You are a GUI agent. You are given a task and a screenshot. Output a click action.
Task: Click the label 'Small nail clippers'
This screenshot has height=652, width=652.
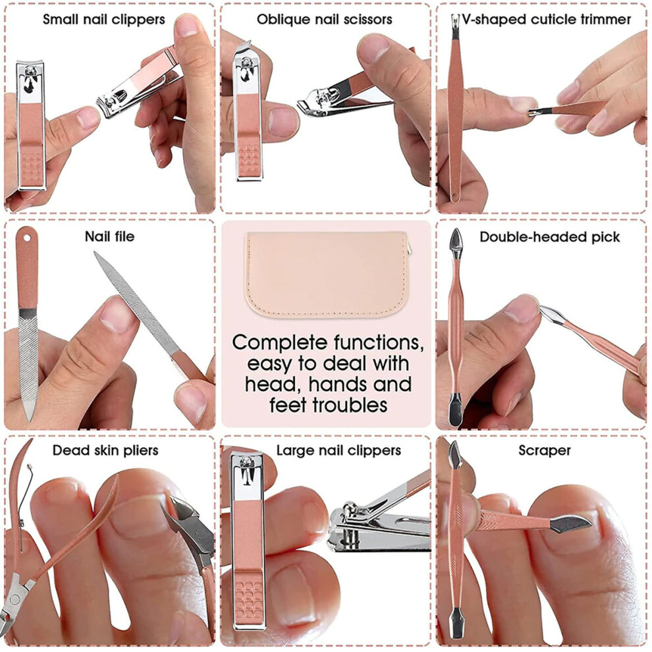pos(104,20)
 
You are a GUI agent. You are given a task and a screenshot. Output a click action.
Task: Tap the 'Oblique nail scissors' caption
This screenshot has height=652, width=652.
pos(324,20)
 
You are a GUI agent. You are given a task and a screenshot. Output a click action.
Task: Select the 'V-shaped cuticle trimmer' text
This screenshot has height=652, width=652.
pos(547,20)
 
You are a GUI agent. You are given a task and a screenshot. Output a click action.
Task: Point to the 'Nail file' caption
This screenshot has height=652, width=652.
pos(110,236)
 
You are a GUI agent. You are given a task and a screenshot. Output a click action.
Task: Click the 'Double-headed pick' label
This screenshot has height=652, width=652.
pos(550,237)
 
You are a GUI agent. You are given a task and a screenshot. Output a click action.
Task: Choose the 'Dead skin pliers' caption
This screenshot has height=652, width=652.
pos(105,450)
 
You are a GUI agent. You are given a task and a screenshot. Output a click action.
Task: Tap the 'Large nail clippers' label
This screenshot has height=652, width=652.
pos(339,450)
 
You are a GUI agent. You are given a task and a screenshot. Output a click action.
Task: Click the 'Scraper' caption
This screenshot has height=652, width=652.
pos(545,450)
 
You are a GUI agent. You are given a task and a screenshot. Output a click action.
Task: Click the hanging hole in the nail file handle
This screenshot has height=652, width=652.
pos(27,238)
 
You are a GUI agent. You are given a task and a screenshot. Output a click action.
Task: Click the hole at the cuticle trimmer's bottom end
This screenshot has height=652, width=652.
pos(454,195)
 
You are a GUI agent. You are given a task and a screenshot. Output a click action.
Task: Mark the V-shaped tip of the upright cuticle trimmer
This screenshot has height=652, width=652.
pos(455,21)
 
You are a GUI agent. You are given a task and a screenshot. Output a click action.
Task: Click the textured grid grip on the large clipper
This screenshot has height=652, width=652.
pos(248,599)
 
